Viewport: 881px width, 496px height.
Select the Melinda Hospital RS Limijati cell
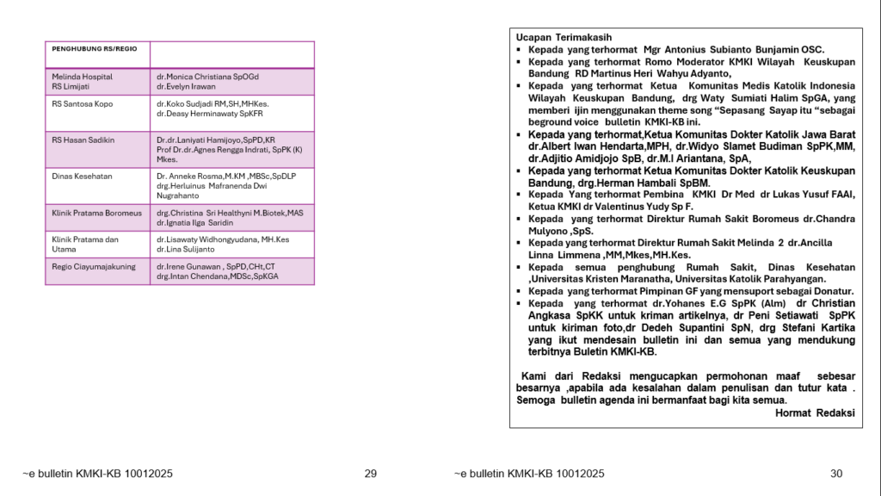[83, 81]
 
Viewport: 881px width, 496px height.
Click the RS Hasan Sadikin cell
[83, 139]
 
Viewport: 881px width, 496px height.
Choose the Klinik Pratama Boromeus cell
[95, 212]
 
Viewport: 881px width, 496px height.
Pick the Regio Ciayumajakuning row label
[94, 267]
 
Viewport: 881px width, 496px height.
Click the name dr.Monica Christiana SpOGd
[207, 77]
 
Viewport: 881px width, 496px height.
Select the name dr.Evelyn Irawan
[186, 87]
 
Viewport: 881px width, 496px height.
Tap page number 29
[371, 473]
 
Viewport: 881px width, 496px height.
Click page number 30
[836, 473]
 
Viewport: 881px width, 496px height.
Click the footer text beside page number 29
[98, 473]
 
